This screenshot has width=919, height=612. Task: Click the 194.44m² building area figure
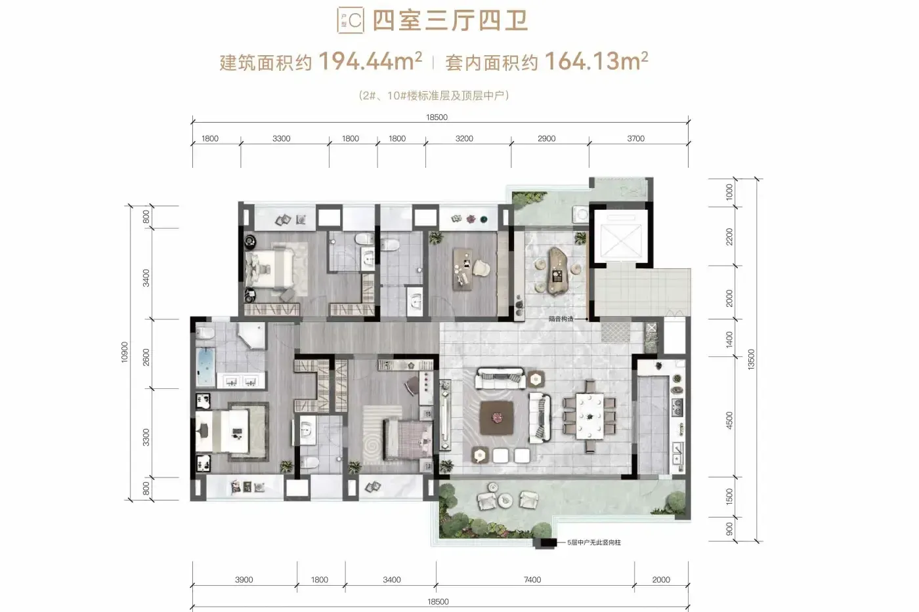(370, 61)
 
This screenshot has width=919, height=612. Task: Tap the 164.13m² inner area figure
(597, 61)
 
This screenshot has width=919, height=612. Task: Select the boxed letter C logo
(351, 20)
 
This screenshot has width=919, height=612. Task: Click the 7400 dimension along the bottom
(532, 580)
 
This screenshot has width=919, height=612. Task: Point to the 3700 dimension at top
(635, 138)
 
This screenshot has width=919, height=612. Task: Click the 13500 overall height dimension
(751, 359)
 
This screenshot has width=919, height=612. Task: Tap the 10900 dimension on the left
(124, 352)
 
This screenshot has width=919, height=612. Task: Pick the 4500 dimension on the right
(729, 420)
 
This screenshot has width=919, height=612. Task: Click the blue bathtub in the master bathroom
(205, 367)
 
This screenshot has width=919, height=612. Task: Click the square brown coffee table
(498, 418)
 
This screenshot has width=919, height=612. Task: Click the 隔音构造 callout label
(561, 319)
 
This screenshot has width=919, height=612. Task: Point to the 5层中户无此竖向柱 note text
(593, 542)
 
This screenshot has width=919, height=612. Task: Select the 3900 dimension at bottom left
(244, 580)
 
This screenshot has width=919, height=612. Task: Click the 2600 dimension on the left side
(146, 357)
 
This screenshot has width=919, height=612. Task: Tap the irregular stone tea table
(557, 271)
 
